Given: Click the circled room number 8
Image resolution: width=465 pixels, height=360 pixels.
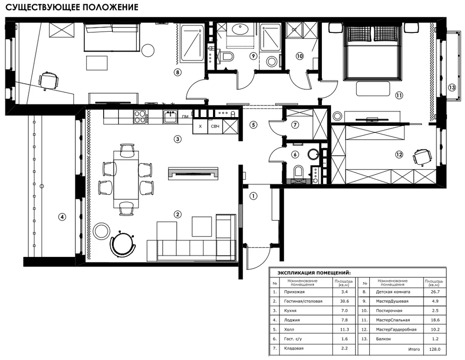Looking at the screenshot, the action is (x=177, y=72).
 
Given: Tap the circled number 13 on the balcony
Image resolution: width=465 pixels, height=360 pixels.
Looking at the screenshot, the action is (x=452, y=87).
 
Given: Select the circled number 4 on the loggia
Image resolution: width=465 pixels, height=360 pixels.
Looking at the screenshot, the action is (x=62, y=217).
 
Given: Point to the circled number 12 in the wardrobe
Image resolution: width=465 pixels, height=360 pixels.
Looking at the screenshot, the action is (x=399, y=154).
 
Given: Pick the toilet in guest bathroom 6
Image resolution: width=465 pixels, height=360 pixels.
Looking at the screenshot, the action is (x=298, y=171).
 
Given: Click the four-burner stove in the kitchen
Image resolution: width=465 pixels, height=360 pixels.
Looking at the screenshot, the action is (x=140, y=117).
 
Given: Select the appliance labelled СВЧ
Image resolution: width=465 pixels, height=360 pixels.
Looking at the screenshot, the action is (x=215, y=126).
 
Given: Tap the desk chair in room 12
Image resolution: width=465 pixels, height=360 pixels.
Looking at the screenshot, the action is (x=422, y=156).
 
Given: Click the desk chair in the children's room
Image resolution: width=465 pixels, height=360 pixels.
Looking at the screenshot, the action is (x=49, y=80).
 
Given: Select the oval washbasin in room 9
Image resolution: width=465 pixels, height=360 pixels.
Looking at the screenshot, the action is (x=240, y=29).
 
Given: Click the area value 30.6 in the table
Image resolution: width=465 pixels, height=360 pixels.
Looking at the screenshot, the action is (x=344, y=301).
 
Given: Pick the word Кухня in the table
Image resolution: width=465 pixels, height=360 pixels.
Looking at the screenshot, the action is (x=290, y=310).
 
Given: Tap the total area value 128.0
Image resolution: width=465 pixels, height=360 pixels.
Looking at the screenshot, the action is (x=434, y=349).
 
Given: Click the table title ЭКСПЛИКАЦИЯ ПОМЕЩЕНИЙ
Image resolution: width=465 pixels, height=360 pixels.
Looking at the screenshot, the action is (x=314, y=273).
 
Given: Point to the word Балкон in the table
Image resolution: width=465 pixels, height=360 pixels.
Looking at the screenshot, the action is (x=383, y=339).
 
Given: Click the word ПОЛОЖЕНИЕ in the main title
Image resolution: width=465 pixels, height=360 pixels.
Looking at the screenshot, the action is (x=110, y=7).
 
